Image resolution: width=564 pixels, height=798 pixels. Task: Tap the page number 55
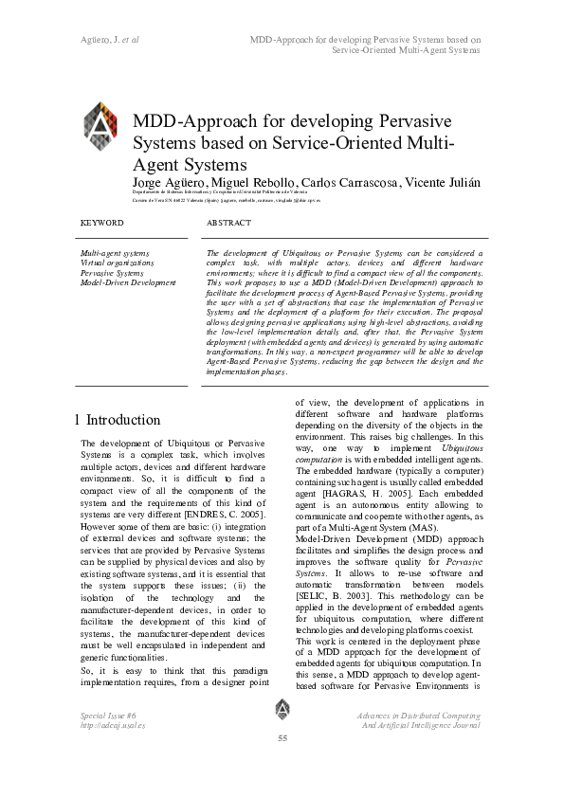pos(282,738)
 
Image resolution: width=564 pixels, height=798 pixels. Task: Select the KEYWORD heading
pos(102,223)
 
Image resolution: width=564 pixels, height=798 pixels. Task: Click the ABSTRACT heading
pos(228,223)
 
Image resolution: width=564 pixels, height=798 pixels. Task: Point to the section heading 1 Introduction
pos(117,420)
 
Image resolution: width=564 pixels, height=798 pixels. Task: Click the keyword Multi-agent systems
pos(114,254)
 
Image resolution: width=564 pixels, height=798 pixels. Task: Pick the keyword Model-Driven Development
pos(128,282)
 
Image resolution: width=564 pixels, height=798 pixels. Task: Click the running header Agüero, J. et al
pos(107,41)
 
